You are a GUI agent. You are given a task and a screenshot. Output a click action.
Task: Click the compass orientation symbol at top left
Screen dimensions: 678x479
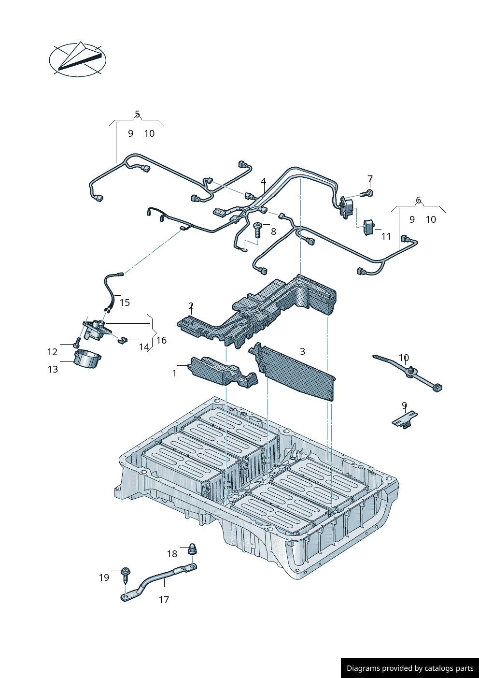pyautogui.click(x=78, y=60)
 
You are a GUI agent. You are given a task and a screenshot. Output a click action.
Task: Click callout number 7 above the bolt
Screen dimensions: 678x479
pyautogui.click(x=370, y=179)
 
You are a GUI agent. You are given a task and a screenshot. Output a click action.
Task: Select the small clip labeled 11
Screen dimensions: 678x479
pyautogui.click(x=369, y=226)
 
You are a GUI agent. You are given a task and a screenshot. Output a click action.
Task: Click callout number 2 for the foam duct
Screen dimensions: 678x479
pyautogui.click(x=191, y=306)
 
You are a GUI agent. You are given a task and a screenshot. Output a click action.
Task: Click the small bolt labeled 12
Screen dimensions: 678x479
pyautogui.click(x=76, y=345)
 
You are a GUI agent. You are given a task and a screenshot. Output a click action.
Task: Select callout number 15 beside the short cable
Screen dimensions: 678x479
pyautogui.click(x=125, y=303)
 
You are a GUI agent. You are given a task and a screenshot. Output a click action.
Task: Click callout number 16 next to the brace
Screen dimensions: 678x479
pyautogui.click(x=161, y=340)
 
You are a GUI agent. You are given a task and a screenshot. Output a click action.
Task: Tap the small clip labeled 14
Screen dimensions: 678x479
pyautogui.click(x=122, y=340)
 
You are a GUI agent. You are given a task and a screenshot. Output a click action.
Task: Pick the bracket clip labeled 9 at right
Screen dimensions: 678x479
pyautogui.click(x=405, y=418)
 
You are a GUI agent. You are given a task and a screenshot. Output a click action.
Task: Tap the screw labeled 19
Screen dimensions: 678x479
pyautogui.click(x=126, y=574)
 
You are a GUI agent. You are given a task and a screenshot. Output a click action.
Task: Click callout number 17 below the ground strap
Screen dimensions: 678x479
pyautogui.click(x=164, y=600)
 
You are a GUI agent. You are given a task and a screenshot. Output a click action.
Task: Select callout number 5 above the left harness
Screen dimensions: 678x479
pyautogui.click(x=137, y=115)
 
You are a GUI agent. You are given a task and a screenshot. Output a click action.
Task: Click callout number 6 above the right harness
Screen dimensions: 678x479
pyautogui.click(x=418, y=200)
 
